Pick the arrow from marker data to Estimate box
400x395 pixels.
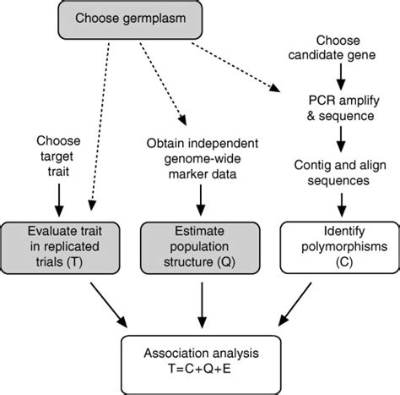tap(200, 204)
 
